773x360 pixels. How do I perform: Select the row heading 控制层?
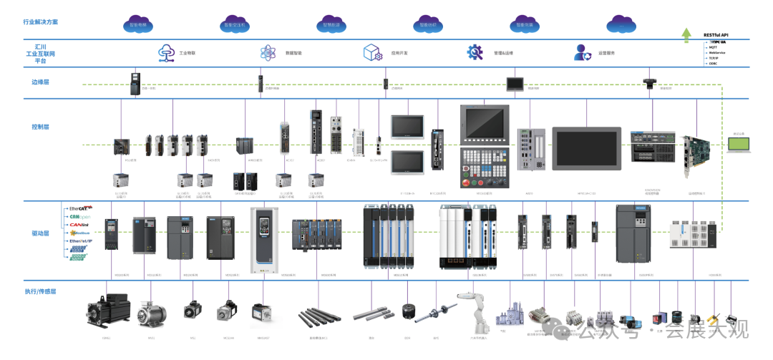pyautogui.click(x=41, y=127)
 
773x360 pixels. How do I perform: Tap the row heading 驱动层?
pyautogui.click(x=41, y=233)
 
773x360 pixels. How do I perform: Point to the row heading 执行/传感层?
pyautogui.click(x=41, y=293)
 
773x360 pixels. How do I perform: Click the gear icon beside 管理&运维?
pyautogui.click(x=475, y=52)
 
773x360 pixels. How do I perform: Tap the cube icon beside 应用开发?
pyautogui.click(x=371, y=52)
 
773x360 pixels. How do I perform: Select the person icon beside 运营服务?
pyautogui.click(x=581, y=52)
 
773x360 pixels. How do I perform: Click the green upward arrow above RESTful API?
pyautogui.click(x=686, y=34)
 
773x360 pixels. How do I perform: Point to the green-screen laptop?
pyautogui.click(x=739, y=145)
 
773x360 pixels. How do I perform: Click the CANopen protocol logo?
pyautogui.click(x=79, y=217)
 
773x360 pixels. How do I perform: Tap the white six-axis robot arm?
pyautogui.click(x=472, y=310)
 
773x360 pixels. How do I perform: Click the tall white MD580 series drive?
pyautogui.click(x=263, y=240)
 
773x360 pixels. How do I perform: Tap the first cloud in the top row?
pyautogui.click(x=138, y=24)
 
